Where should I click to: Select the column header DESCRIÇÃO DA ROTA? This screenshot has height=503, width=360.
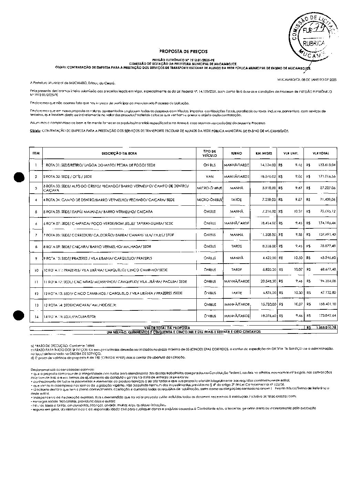click(x=116, y=153)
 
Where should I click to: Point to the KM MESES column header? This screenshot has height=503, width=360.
click(x=264, y=153)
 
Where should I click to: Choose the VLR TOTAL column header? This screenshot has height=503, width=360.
click(x=320, y=153)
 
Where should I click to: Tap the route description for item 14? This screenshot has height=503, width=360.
click(x=69, y=316)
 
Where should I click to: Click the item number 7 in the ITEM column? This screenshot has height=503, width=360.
click(x=36, y=235)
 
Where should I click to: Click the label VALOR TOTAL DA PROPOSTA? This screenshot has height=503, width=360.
click(x=167, y=328)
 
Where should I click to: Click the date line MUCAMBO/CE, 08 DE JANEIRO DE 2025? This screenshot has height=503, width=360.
click(x=307, y=80)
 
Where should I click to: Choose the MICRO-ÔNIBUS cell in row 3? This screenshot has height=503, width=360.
click(x=209, y=188)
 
